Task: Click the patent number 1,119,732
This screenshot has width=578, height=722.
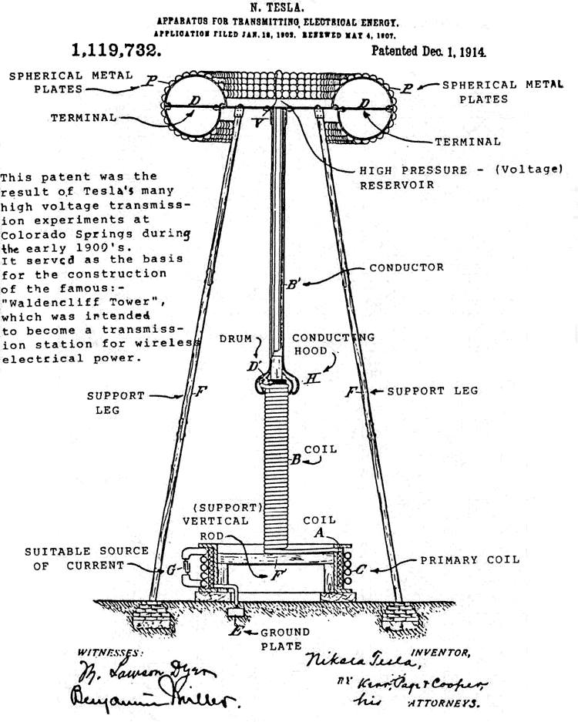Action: coord(116,52)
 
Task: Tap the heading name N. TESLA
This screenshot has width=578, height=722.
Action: coord(288,8)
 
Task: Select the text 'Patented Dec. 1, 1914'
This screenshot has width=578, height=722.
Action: coord(429,52)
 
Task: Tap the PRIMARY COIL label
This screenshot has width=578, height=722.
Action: coord(469,559)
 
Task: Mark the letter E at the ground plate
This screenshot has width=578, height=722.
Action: coord(235,630)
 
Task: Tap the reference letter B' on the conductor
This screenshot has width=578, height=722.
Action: coord(292,284)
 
